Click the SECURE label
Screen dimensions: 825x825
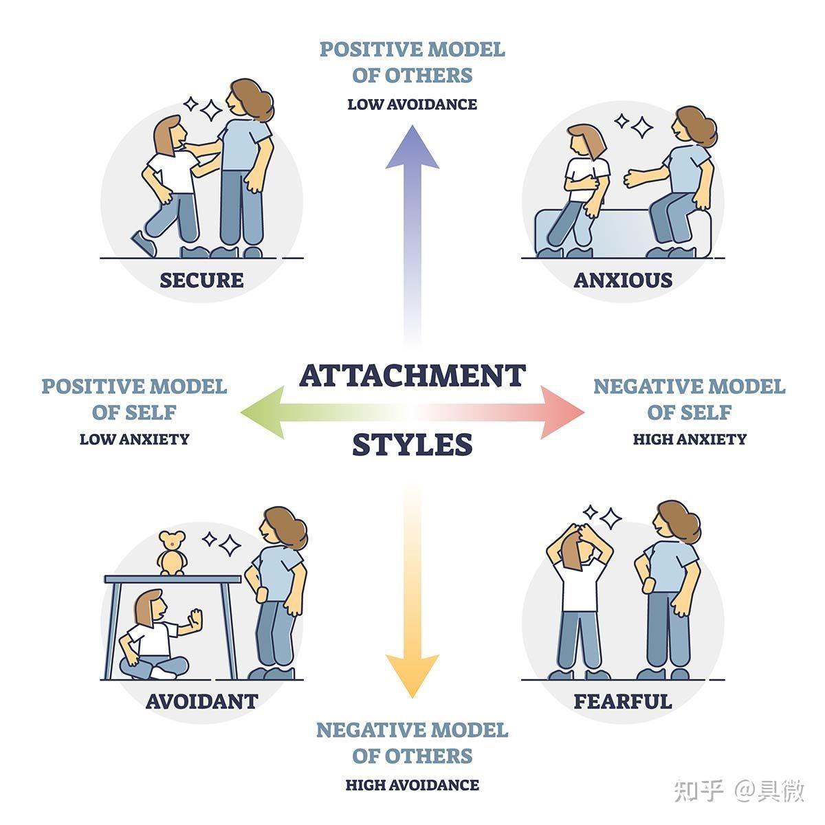[x=201, y=280]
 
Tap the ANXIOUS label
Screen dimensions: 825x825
[x=623, y=280]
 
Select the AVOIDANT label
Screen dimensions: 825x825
[x=201, y=701]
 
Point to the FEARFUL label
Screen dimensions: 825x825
[x=623, y=701]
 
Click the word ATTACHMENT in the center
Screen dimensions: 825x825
[x=412, y=375]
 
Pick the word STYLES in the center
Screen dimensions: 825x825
[x=412, y=444]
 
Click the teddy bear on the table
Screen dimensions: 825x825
[x=172, y=553]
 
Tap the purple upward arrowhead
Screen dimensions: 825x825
[x=412, y=147]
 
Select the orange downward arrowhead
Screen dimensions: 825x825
[x=412, y=677]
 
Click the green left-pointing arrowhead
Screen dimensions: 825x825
[x=263, y=412]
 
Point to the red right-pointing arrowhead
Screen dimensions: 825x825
[x=562, y=412]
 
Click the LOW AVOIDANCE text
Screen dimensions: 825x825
[x=412, y=104]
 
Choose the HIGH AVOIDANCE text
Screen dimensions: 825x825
[x=412, y=784]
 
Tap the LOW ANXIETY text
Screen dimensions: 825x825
[x=135, y=439]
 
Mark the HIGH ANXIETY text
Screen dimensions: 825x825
[x=690, y=439]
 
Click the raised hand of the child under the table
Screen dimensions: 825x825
[x=195, y=619]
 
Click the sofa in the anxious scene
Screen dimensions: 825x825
[x=623, y=233]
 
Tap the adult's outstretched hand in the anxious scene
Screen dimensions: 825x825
[x=632, y=178]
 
